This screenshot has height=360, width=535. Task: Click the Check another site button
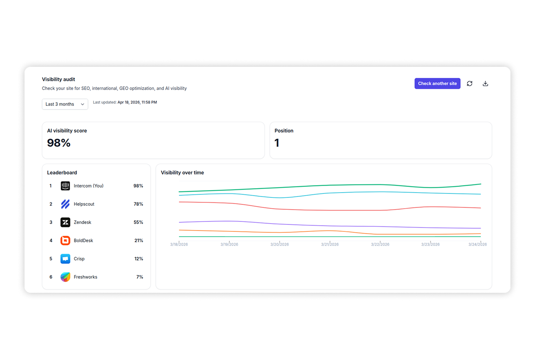tap(437, 83)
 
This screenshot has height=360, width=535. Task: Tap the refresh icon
tap(469, 83)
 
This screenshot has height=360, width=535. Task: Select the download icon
tap(485, 83)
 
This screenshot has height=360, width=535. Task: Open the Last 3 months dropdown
tap(65, 104)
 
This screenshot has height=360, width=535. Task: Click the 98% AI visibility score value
tap(59, 143)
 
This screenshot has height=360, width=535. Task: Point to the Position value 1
tap(277, 143)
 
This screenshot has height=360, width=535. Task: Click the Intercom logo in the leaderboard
tap(65, 186)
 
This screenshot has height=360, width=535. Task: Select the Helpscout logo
tap(65, 204)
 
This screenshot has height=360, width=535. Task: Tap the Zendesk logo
tap(65, 222)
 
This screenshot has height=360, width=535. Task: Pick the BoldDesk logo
tap(65, 241)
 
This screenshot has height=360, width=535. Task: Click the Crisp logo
tap(65, 259)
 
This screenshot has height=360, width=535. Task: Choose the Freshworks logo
tap(65, 277)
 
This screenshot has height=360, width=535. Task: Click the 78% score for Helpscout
tap(138, 204)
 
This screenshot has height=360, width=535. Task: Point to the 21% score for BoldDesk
tap(139, 241)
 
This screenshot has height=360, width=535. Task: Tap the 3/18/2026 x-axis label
tap(179, 244)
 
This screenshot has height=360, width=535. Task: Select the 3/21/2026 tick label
tap(330, 244)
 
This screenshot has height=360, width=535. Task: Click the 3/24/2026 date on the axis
tap(478, 244)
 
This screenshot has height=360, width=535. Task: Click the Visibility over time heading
tap(182, 173)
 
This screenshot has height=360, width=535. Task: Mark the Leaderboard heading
tap(62, 173)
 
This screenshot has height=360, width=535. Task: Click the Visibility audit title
tap(58, 79)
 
